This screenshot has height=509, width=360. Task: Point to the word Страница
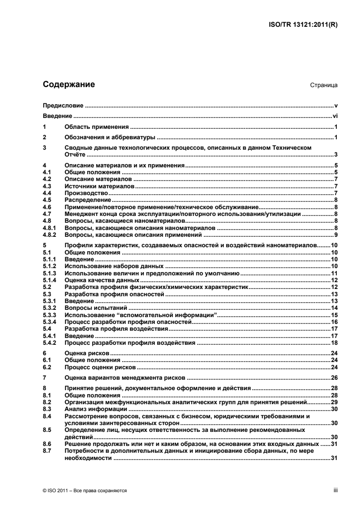pyautogui.click(x=322, y=85)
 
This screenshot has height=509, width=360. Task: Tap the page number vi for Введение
pyautogui.click(x=335, y=116)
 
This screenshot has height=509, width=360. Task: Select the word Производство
pyautogui.click(x=86, y=193)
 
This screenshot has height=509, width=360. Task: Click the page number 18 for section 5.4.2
pyautogui.click(x=334, y=343)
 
